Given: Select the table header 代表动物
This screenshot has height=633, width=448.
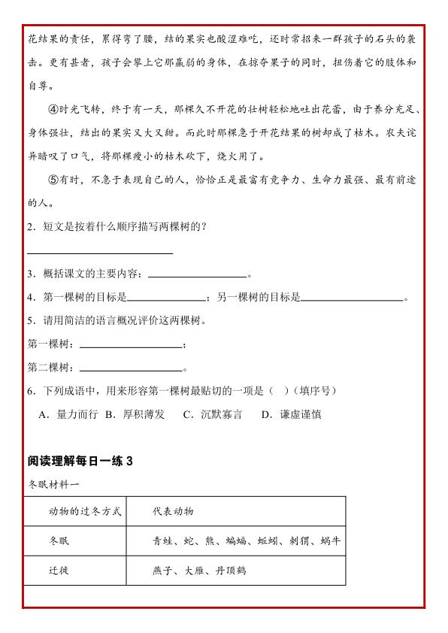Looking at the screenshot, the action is point(172,511).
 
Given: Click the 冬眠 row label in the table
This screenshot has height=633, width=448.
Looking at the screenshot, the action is point(59,541).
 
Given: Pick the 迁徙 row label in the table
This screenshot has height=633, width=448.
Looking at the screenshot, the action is point(59,570).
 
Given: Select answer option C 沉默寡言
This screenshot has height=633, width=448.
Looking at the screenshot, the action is point(213,414).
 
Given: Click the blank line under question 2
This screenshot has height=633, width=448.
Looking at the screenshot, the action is point(100,252).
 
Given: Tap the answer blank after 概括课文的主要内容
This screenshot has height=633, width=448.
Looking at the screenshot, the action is point(197,276).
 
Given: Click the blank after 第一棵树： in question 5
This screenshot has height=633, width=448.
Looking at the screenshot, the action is point(131,346).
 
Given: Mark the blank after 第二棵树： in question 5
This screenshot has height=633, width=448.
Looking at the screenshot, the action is point(131,370).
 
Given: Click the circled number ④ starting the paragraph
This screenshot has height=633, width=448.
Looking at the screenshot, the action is point(53,109).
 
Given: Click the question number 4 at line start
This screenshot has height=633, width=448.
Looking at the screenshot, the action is point(30,297).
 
